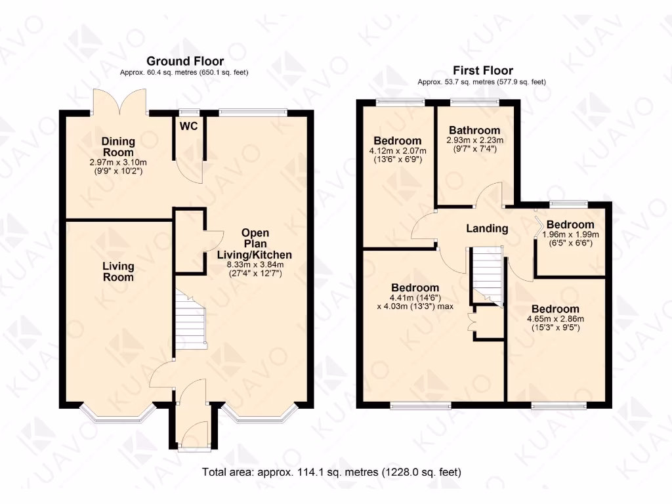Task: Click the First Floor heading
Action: click(483, 70)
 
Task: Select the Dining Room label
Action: click(118, 147)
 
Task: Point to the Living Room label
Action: click(118, 272)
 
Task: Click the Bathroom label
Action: click(474, 130)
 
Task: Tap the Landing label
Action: click(487, 228)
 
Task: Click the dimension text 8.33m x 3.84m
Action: click(255, 264)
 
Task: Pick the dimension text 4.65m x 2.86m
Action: click(555, 320)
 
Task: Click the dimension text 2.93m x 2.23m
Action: click(474, 140)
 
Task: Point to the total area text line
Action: click(331, 471)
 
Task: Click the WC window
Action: click(190, 111)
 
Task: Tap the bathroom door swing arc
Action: click(490, 195)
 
